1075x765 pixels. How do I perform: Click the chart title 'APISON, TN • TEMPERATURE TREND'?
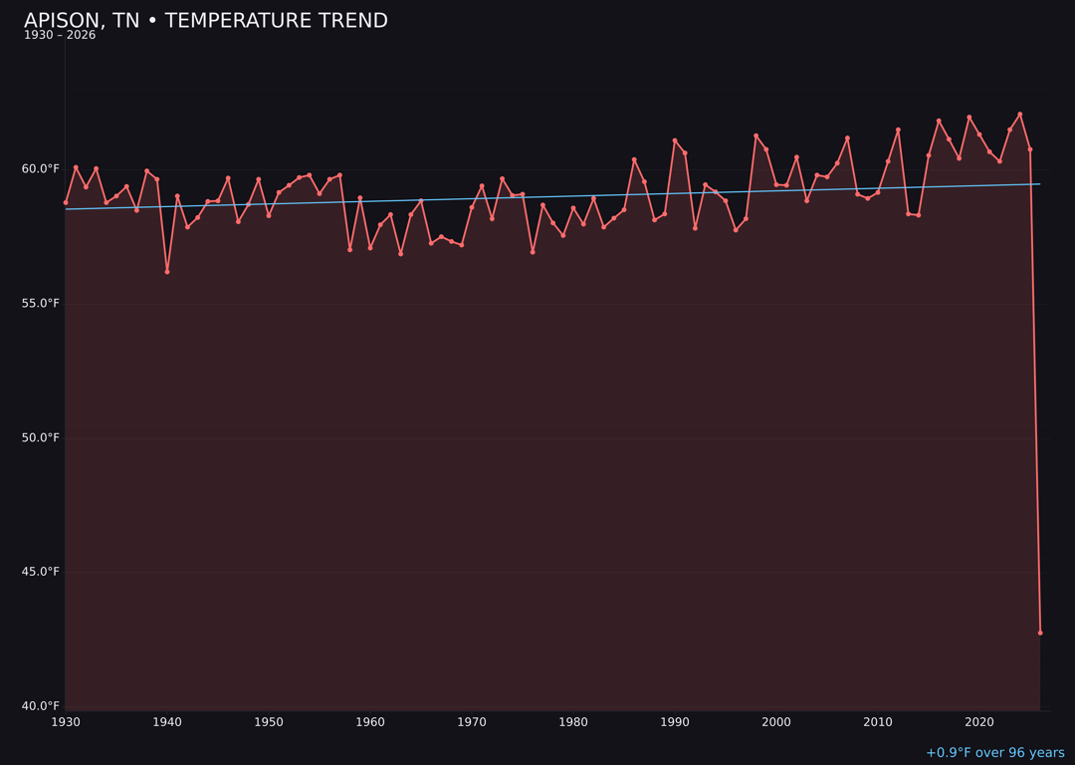[x=206, y=21]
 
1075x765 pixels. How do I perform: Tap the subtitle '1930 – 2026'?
[x=60, y=36]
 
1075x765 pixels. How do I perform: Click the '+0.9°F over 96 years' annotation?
[x=994, y=753]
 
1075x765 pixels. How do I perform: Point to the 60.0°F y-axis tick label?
[x=41, y=169]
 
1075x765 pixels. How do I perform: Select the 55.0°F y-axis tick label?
[x=41, y=304]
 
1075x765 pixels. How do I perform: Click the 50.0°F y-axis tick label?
[x=41, y=438]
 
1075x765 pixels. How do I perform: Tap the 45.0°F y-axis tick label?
[x=41, y=572]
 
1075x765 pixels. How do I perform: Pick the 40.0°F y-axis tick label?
[x=41, y=706]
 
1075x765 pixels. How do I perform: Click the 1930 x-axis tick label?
[x=66, y=722]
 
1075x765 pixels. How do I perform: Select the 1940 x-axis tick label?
[x=167, y=722]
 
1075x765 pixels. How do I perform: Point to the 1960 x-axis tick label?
[x=370, y=722]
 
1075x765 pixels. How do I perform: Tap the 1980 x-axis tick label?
[x=573, y=722]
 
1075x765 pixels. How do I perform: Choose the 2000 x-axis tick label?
[x=776, y=722]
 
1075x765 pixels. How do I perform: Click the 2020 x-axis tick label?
[x=979, y=722]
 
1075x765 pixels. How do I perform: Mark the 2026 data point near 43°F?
[x=1040, y=633]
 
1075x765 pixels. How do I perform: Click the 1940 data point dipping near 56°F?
[x=167, y=271]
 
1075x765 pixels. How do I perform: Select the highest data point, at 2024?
[x=1020, y=115]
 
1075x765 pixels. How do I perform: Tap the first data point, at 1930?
[x=66, y=202]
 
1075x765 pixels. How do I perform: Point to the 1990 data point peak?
[x=675, y=140]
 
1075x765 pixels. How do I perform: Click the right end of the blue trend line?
[x=1040, y=183]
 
